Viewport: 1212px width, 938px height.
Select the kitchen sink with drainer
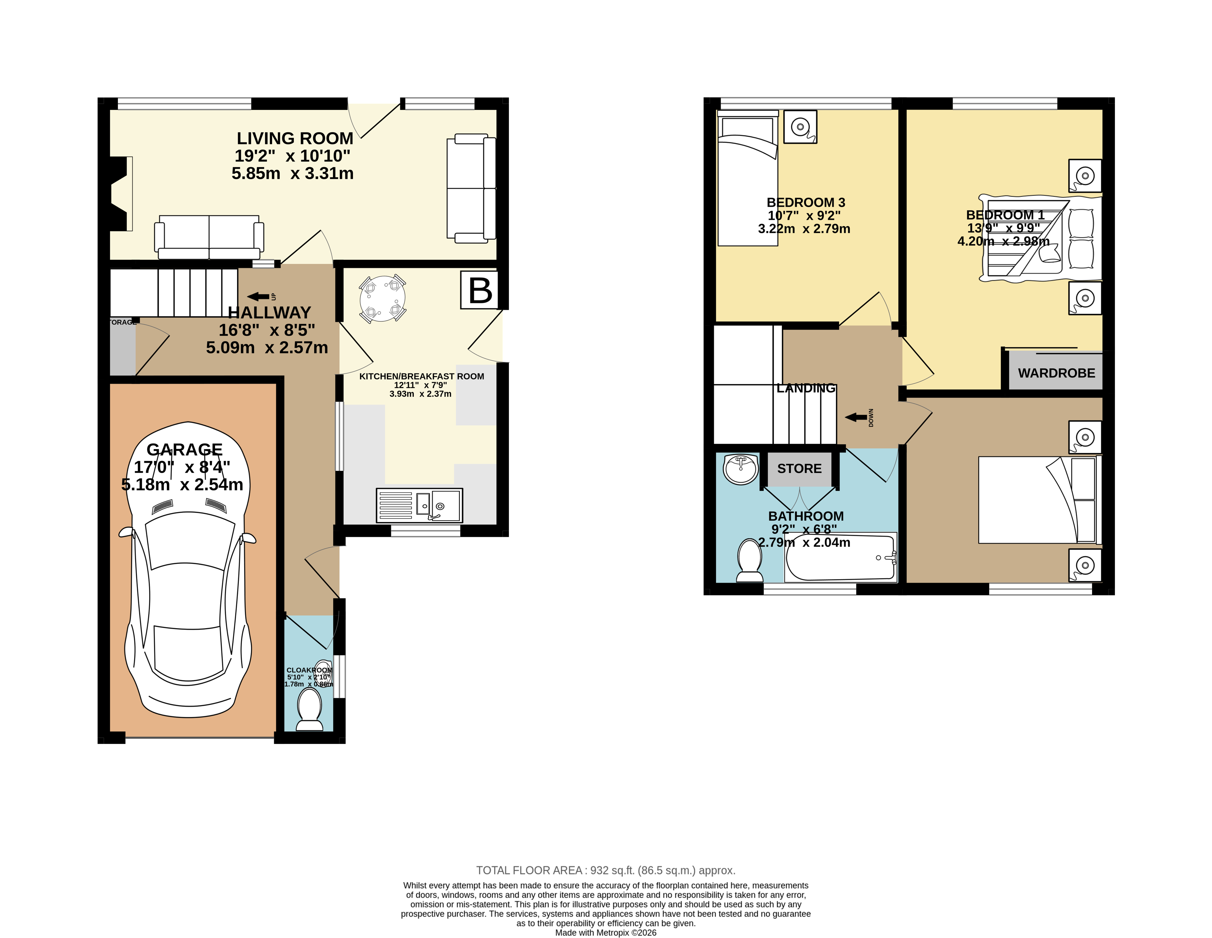point(419,505)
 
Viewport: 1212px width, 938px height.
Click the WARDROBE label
point(1056,373)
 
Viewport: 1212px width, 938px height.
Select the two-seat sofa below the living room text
point(209,237)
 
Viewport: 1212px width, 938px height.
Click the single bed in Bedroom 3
point(747,178)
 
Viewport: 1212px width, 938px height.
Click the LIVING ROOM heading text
point(295,138)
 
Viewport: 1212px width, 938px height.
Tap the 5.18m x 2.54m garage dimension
point(182,484)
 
